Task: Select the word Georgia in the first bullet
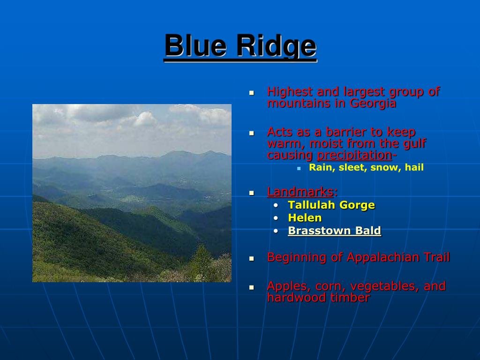pyautogui.click(x=373, y=104)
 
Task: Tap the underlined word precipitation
pyautogui.click(x=354, y=155)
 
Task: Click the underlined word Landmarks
pyautogui.click(x=300, y=192)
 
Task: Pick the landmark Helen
pyautogui.click(x=305, y=217)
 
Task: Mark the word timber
pyautogui.click(x=352, y=298)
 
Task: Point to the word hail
pyautogui.click(x=414, y=167)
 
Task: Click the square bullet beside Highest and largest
pyautogui.click(x=252, y=92)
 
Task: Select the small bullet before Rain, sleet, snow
pyautogui.click(x=299, y=168)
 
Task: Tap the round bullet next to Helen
pyautogui.click(x=276, y=218)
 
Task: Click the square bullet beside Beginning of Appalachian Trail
pyautogui.click(x=252, y=259)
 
